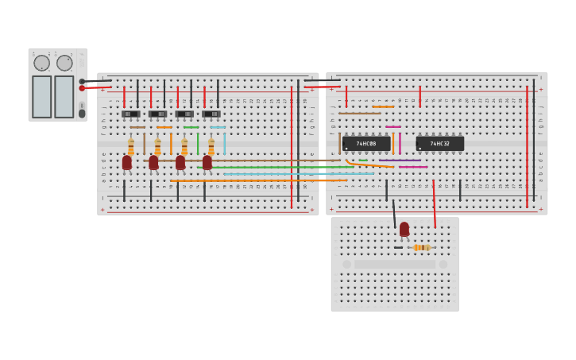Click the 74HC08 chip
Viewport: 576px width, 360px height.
tap(366, 144)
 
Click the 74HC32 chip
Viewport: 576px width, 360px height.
tap(439, 144)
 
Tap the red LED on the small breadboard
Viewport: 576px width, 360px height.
tap(404, 229)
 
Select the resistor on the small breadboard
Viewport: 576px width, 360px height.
tap(421, 247)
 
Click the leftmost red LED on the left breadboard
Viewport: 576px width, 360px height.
tap(127, 162)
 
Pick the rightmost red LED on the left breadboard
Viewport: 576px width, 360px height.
tap(207, 162)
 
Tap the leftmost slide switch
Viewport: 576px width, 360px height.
tap(131, 114)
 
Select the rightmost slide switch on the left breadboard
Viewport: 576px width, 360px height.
tap(211, 114)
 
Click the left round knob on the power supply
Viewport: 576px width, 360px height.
tap(41, 63)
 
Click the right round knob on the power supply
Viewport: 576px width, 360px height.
tap(64, 63)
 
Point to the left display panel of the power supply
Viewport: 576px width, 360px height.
tap(41, 96)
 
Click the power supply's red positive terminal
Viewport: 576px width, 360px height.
tap(82, 88)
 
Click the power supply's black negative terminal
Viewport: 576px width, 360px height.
tap(82, 81)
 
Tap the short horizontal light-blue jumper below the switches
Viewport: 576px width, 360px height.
tap(218, 127)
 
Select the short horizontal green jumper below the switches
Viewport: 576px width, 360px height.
tap(191, 127)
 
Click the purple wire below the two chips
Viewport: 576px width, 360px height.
tap(400, 161)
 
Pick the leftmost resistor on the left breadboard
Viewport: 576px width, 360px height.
tap(131, 147)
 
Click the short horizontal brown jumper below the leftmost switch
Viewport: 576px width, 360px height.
tap(138, 127)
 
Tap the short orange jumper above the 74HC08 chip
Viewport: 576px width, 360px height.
tap(383, 106)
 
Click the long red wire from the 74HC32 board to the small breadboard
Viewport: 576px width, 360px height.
tap(434, 205)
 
